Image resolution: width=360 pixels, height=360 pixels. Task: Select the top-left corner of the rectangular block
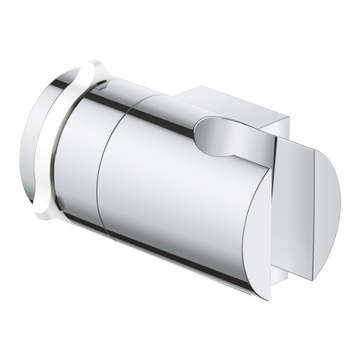[x=181, y=89]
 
